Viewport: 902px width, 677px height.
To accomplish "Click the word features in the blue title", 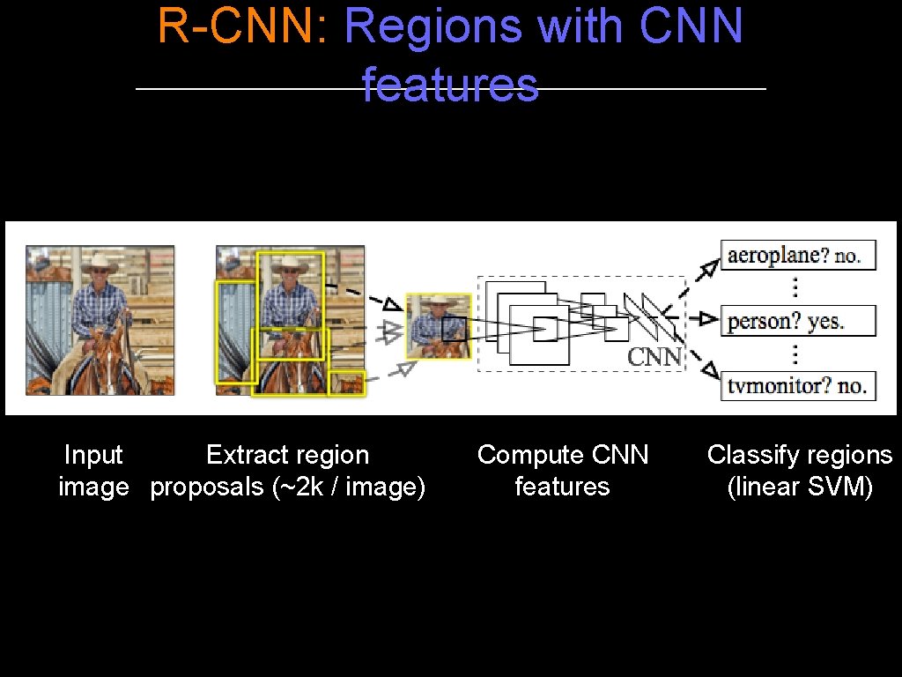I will click(x=449, y=86).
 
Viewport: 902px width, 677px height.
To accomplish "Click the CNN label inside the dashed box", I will click(x=654, y=356).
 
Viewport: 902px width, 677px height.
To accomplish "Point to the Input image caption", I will click(x=93, y=471).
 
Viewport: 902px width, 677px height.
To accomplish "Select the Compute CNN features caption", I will click(x=563, y=471).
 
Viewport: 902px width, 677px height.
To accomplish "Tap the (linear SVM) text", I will click(x=800, y=487).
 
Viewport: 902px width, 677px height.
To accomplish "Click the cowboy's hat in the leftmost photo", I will click(x=100, y=263).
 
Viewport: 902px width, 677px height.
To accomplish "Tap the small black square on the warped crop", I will click(x=454, y=330).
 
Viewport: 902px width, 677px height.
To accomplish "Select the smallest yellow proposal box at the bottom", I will click(x=346, y=383).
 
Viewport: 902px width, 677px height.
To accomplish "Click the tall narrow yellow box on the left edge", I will click(x=234, y=332).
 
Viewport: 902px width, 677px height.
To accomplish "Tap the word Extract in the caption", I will click(x=239, y=455).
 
